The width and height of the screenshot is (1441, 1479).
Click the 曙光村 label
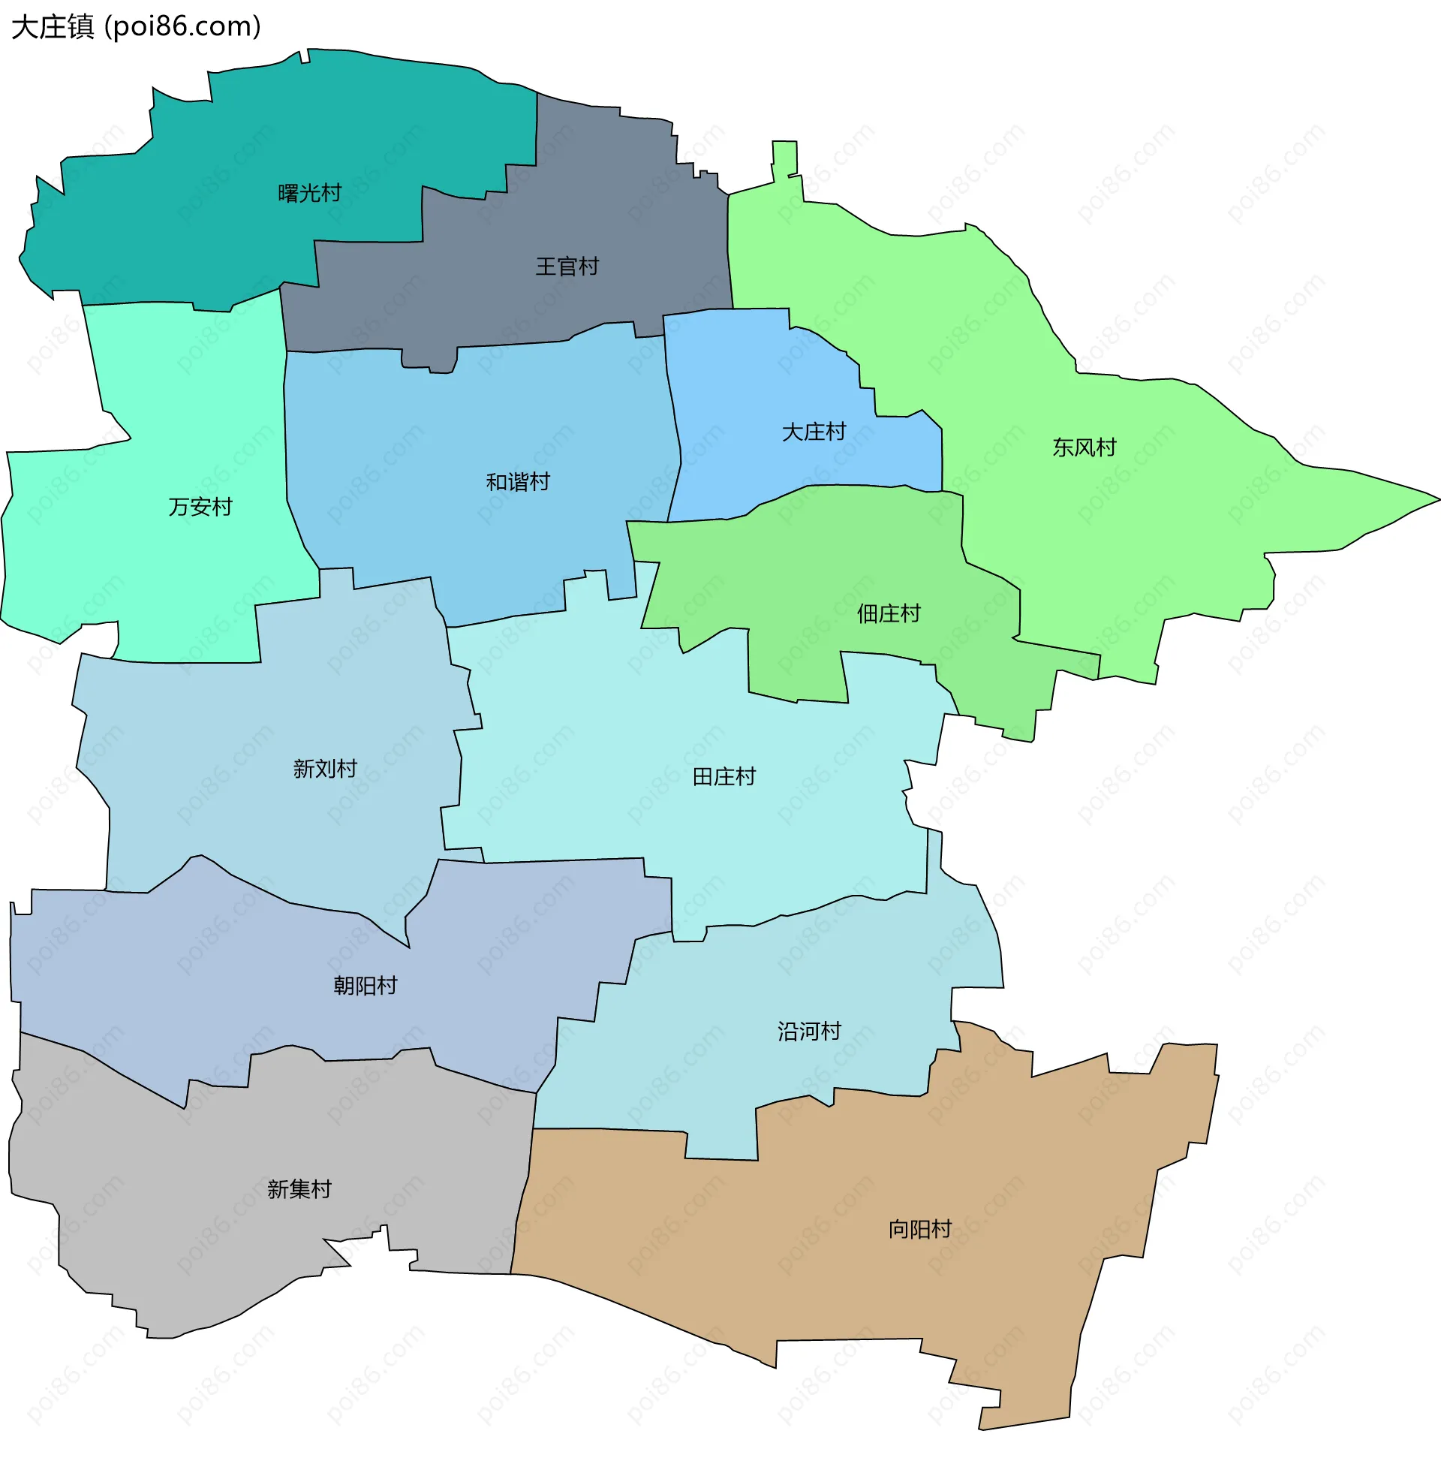click(309, 194)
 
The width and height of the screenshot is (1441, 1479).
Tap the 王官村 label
click(567, 267)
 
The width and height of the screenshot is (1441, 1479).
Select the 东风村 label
click(1084, 448)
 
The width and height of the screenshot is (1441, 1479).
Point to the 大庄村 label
click(814, 432)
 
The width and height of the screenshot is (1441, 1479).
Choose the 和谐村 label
click(518, 482)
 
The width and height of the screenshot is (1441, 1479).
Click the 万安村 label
click(200, 507)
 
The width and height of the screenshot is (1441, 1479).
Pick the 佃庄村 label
click(889, 614)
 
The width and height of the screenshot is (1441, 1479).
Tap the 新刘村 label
click(325, 769)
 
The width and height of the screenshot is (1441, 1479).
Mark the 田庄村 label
click(724, 776)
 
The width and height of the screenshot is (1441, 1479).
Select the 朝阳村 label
click(365, 986)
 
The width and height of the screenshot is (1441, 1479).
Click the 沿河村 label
click(809, 1032)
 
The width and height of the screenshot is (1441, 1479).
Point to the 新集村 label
click(299, 1189)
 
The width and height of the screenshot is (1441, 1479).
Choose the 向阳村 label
click(919, 1229)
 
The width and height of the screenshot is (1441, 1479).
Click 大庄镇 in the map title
click(53, 27)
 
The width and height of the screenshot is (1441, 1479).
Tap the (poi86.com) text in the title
click(182, 27)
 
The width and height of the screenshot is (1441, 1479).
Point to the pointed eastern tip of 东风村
click(1435, 499)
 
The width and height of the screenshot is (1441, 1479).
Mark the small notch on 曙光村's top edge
click(304, 57)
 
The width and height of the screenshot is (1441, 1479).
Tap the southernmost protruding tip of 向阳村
click(984, 1426)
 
